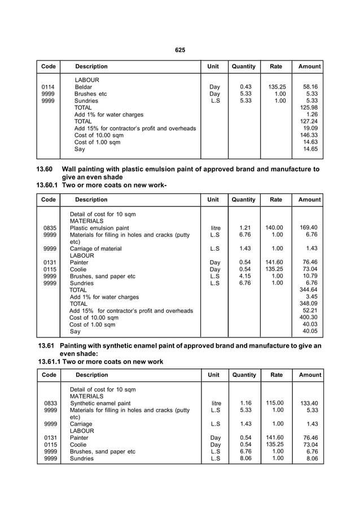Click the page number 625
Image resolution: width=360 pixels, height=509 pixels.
[180, 50]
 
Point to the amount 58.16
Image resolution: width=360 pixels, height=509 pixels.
[310, 87]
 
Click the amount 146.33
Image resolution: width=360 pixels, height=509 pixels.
[309, 135]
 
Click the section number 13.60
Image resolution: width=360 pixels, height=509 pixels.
[45, 169]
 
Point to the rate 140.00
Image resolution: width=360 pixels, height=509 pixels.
[276, 228]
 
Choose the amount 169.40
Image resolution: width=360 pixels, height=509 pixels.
[310, 228]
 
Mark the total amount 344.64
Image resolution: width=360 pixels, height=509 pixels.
[309, 289]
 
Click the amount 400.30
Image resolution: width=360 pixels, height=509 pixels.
[309, 317]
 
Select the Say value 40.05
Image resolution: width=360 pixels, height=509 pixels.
[311, 331]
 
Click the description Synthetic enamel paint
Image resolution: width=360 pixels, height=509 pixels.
[100, 403]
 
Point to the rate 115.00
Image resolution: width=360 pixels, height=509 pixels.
[276, 403]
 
